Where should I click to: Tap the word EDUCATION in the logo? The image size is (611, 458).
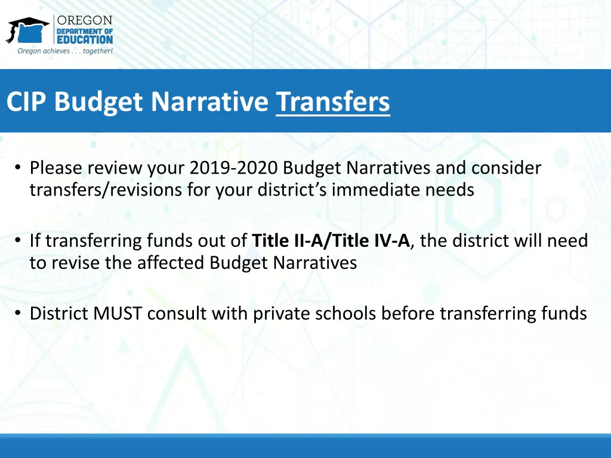pyautogui.click(x=85, y=40)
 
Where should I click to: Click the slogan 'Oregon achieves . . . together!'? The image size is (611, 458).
pyautogui.click(x=65, y=51)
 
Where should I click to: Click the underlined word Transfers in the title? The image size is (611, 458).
pyautogui.click(x=333, y=102)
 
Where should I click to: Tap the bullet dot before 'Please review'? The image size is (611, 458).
pyautogui.click(x=20, y=169)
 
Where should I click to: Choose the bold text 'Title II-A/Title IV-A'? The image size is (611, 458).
pyautogui.click(x=331, y=241)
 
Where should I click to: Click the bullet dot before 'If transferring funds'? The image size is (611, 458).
pyautogui.click(x=20, y=242)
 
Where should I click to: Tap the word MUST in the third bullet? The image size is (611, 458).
pyautogui.click(x=119, y=314)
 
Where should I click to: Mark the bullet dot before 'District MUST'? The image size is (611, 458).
pyautogui.click(x=20, y=314)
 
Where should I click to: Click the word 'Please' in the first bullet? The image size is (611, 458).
pyautogui.click(x=56, y=168)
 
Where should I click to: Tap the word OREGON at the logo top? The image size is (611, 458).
pyautogui.click(x=85, y=20)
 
